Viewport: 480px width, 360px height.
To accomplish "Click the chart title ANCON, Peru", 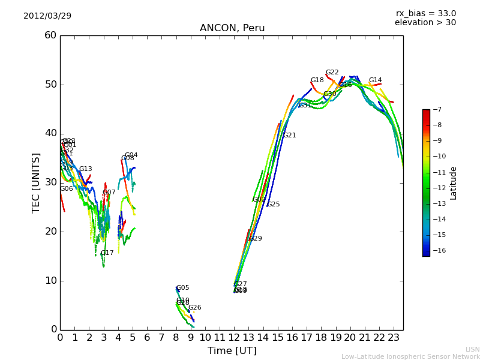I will (232, 28).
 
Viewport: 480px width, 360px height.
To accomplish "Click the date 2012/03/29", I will (47, 16).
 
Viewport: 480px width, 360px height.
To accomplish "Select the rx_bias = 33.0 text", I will (425, 13).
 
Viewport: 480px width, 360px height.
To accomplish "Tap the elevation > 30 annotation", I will (425, 23).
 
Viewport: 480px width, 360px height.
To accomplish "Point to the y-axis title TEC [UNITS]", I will (36, 182).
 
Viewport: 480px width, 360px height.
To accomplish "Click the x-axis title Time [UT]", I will (232, 350).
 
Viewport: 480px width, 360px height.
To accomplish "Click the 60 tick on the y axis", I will (50, 35).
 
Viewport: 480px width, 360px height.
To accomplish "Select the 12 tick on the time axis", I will (234, 338).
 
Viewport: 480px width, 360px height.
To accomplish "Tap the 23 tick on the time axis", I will (394, 338).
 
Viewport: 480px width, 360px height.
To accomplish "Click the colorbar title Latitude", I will (454, 182).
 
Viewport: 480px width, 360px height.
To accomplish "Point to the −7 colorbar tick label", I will (436, 109).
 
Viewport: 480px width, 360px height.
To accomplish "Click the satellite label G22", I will (332, 73).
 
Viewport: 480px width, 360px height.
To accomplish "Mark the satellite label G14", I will (375, 80).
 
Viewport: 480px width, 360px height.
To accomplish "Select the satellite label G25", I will (274, 205).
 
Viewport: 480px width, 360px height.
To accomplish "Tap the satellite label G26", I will (195, 308).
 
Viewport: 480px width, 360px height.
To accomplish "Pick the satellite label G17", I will (107, 253).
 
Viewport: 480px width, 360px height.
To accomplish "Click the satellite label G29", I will (256, 239).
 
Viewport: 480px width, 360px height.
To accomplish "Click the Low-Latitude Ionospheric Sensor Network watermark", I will (410, 356).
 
